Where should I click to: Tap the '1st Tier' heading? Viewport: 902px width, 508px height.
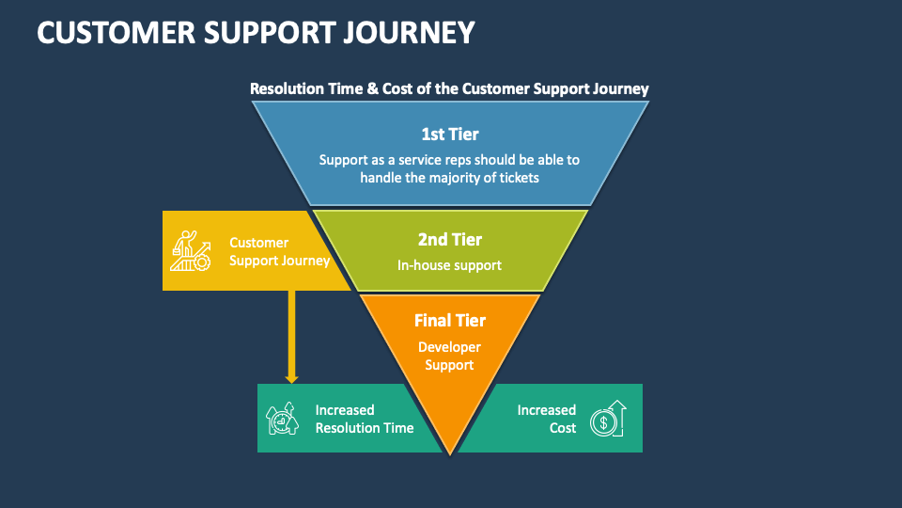(449, 135)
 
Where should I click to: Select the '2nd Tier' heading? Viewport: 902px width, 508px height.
(449, 240)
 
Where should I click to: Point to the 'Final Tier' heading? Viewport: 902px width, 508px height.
(449, 321)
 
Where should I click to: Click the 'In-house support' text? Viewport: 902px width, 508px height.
(449, 265)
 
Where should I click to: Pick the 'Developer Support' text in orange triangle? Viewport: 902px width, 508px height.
(449, 356)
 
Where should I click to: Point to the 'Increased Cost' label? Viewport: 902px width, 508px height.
(548, 419)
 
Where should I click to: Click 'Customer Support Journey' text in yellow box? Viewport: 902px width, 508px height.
(279, 251)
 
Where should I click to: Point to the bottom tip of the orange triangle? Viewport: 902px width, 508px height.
(450, 452)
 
